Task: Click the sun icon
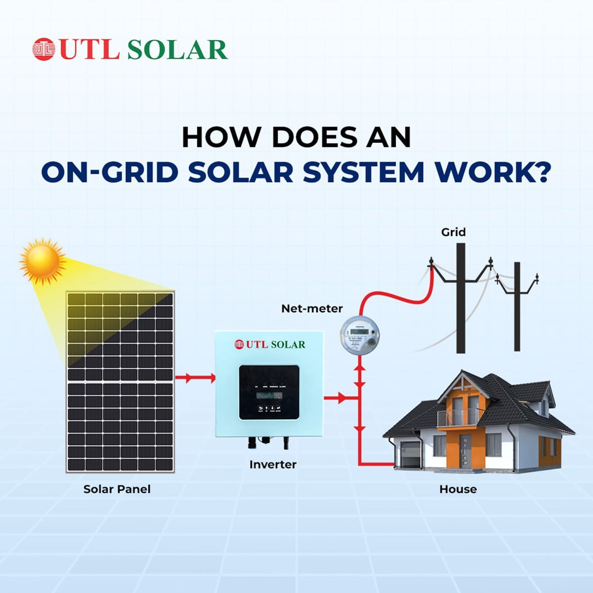pyautogui.click(x=42, y=260)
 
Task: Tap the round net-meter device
pyautogui.click(x=361, y=334)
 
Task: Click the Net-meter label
pyautogui.click(x=312, y=308)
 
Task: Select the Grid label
pyautogui.click(x=453, y=232)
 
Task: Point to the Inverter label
pyautogui.click(x=273, y=465)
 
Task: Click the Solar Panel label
pyautogui.click(x=117, y=489)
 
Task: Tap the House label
pyautogui.click(x=458, y=489)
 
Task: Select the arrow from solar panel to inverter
pyautogui.click(x=195, y=379)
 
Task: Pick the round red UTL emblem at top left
pyautogui.click(x=43, y=49)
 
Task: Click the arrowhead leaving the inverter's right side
pyautogui.click(x=342, y=397)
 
